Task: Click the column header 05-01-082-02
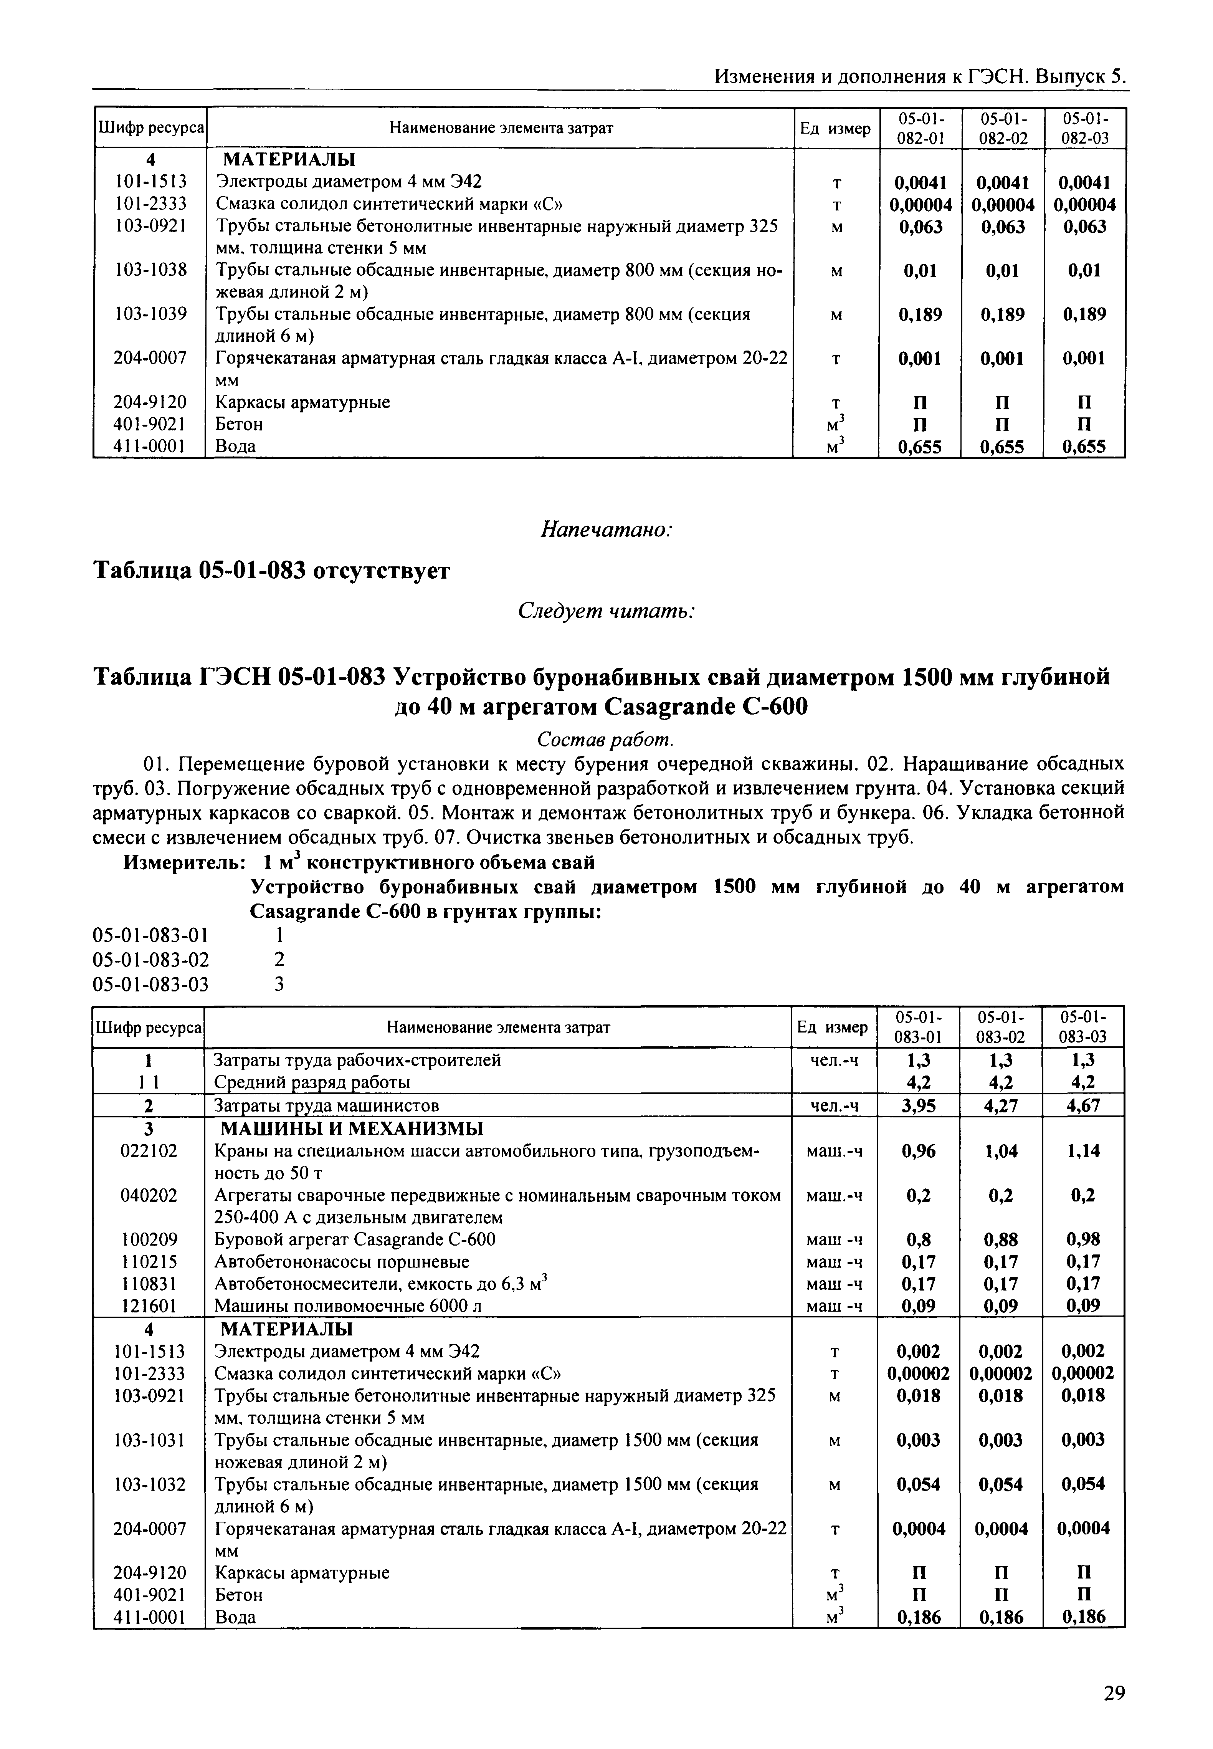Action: click(1003, 128)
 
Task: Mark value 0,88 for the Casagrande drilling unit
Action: click(1001, 1240)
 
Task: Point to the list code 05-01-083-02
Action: click(150, 959)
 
